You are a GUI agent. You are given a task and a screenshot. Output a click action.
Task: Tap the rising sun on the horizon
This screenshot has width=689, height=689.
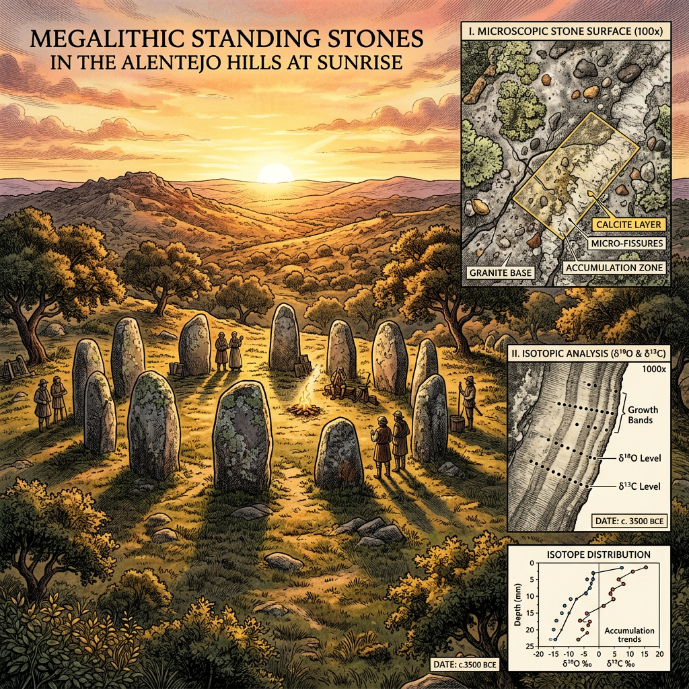(275, 173)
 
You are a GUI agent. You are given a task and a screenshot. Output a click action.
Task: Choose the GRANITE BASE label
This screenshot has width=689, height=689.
(499, 272)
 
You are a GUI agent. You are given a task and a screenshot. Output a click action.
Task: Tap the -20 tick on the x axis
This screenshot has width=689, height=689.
(538, 654)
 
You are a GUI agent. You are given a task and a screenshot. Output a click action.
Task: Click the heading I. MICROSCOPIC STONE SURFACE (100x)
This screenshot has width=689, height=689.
(574, 30)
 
